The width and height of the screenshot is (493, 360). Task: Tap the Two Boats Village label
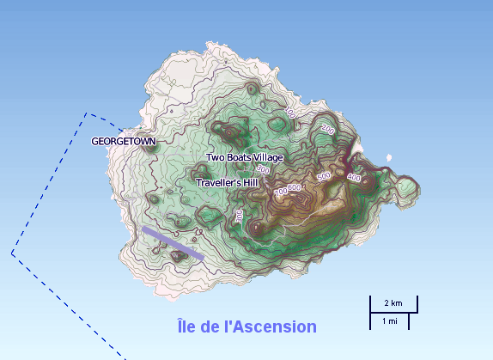pos(244,158)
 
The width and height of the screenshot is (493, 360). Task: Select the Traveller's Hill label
pos(228,183)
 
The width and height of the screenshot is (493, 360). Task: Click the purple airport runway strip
pos(173,243)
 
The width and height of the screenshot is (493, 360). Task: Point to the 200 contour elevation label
pos(326,128)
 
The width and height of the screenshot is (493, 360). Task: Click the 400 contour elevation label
pos(355,176)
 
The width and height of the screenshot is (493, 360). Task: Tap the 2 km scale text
pos(393,303)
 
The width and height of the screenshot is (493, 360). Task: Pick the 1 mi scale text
pos(389,320)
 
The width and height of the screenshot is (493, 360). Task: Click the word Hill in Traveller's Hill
pos(249,183)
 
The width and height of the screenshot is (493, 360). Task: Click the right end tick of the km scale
pos(417,304)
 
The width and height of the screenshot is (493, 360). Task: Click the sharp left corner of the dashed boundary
pos(12,253)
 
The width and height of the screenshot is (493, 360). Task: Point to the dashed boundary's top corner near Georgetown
pos(87,113)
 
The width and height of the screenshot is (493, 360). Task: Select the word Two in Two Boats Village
pos(215,158)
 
